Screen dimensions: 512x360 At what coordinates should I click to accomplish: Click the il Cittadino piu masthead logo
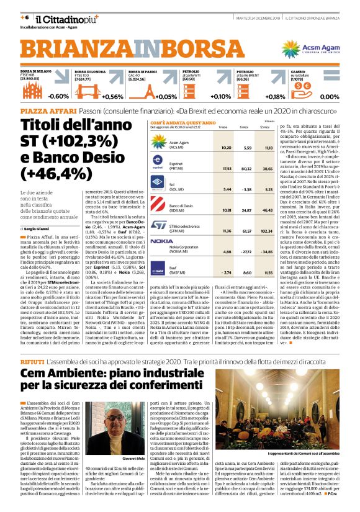pos(58,20)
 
